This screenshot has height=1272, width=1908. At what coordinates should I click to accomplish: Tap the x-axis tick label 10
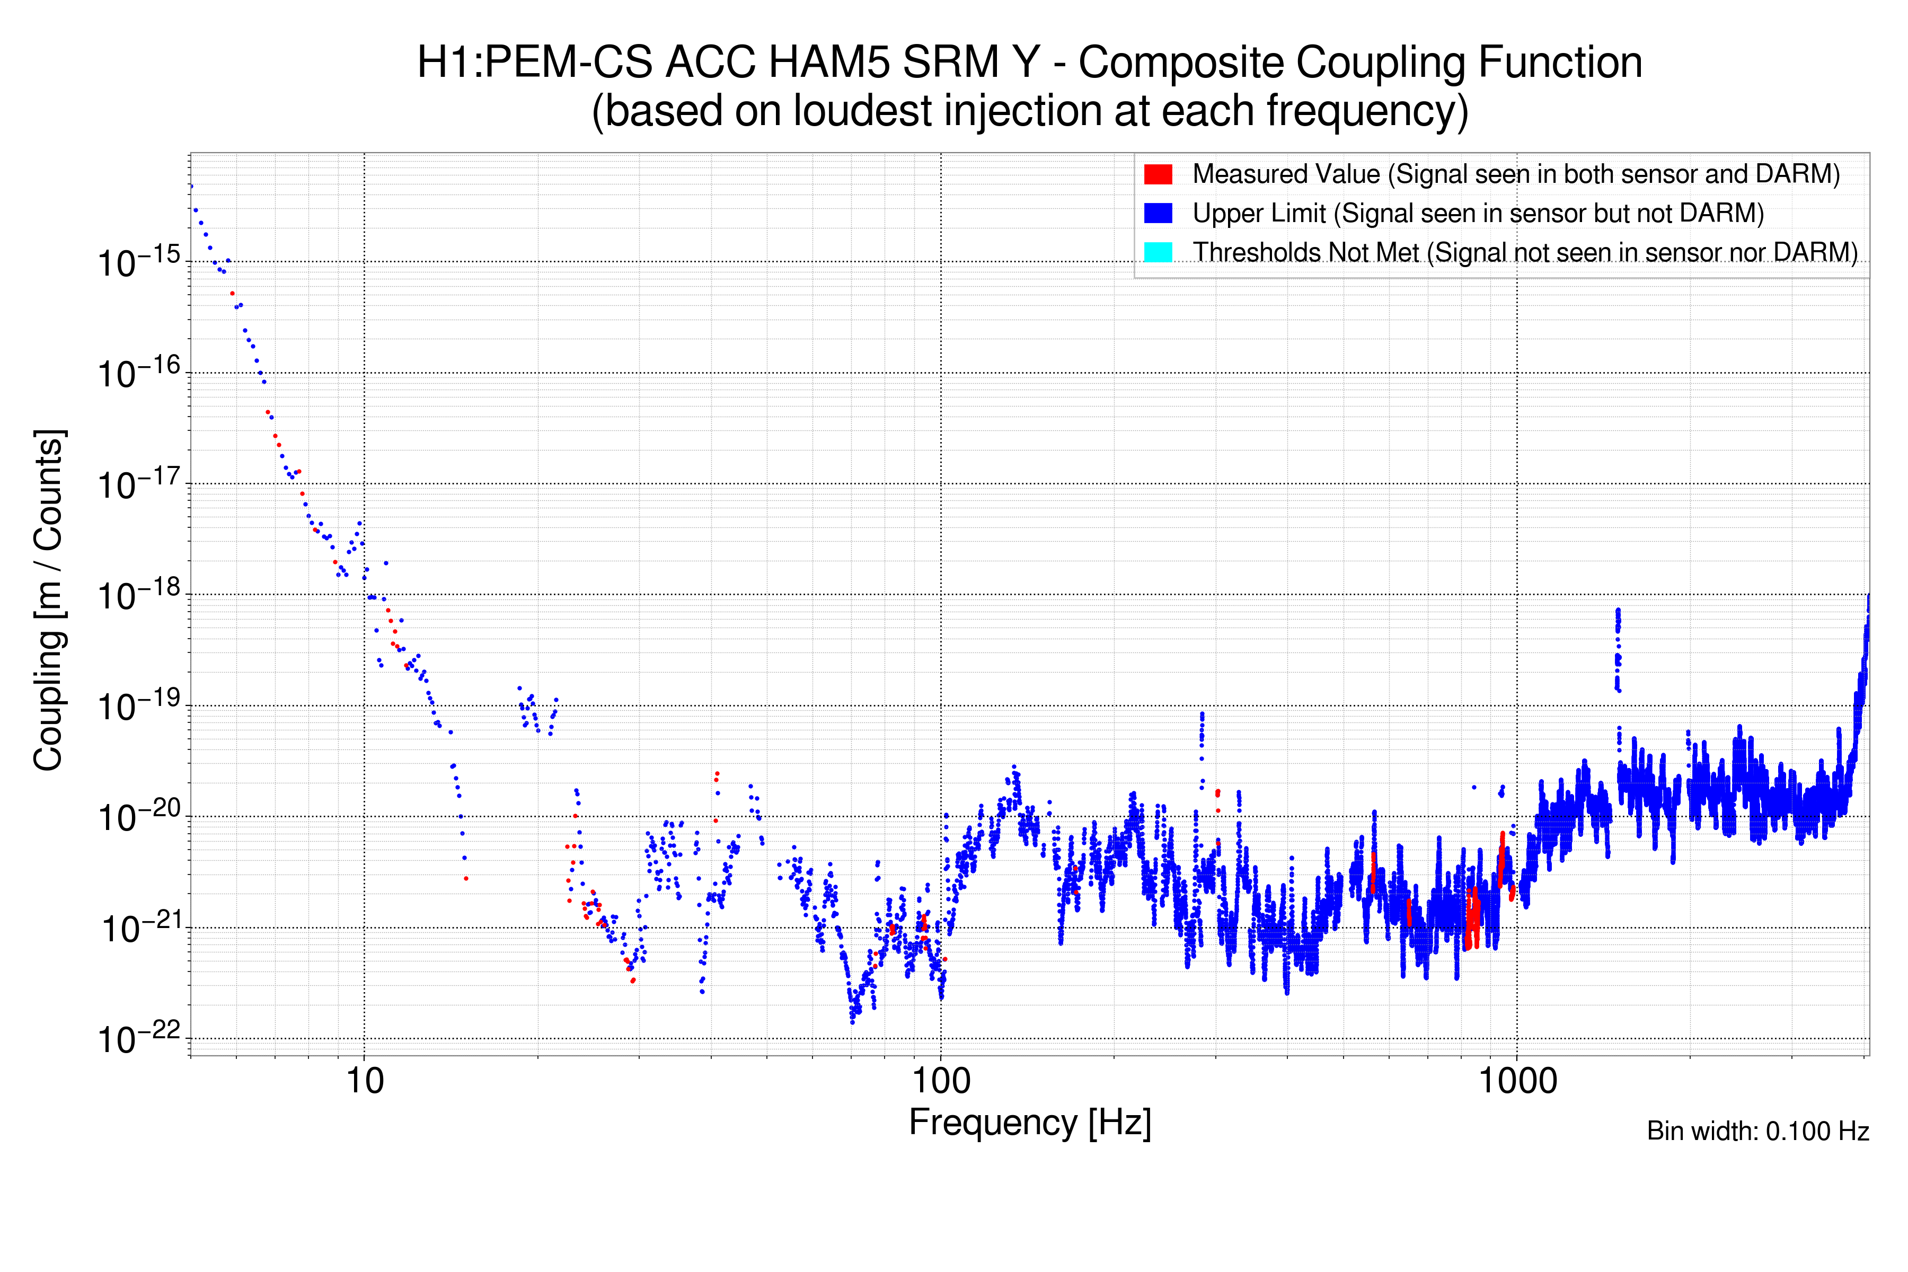click(x=364, y=1081)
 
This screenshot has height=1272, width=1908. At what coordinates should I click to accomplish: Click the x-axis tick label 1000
click(x=1517, y=1081)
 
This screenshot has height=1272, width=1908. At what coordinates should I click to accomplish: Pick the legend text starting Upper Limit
click(x=1477, y=214)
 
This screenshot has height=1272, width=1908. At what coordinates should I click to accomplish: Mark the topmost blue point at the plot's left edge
click(x=191, y=187)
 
